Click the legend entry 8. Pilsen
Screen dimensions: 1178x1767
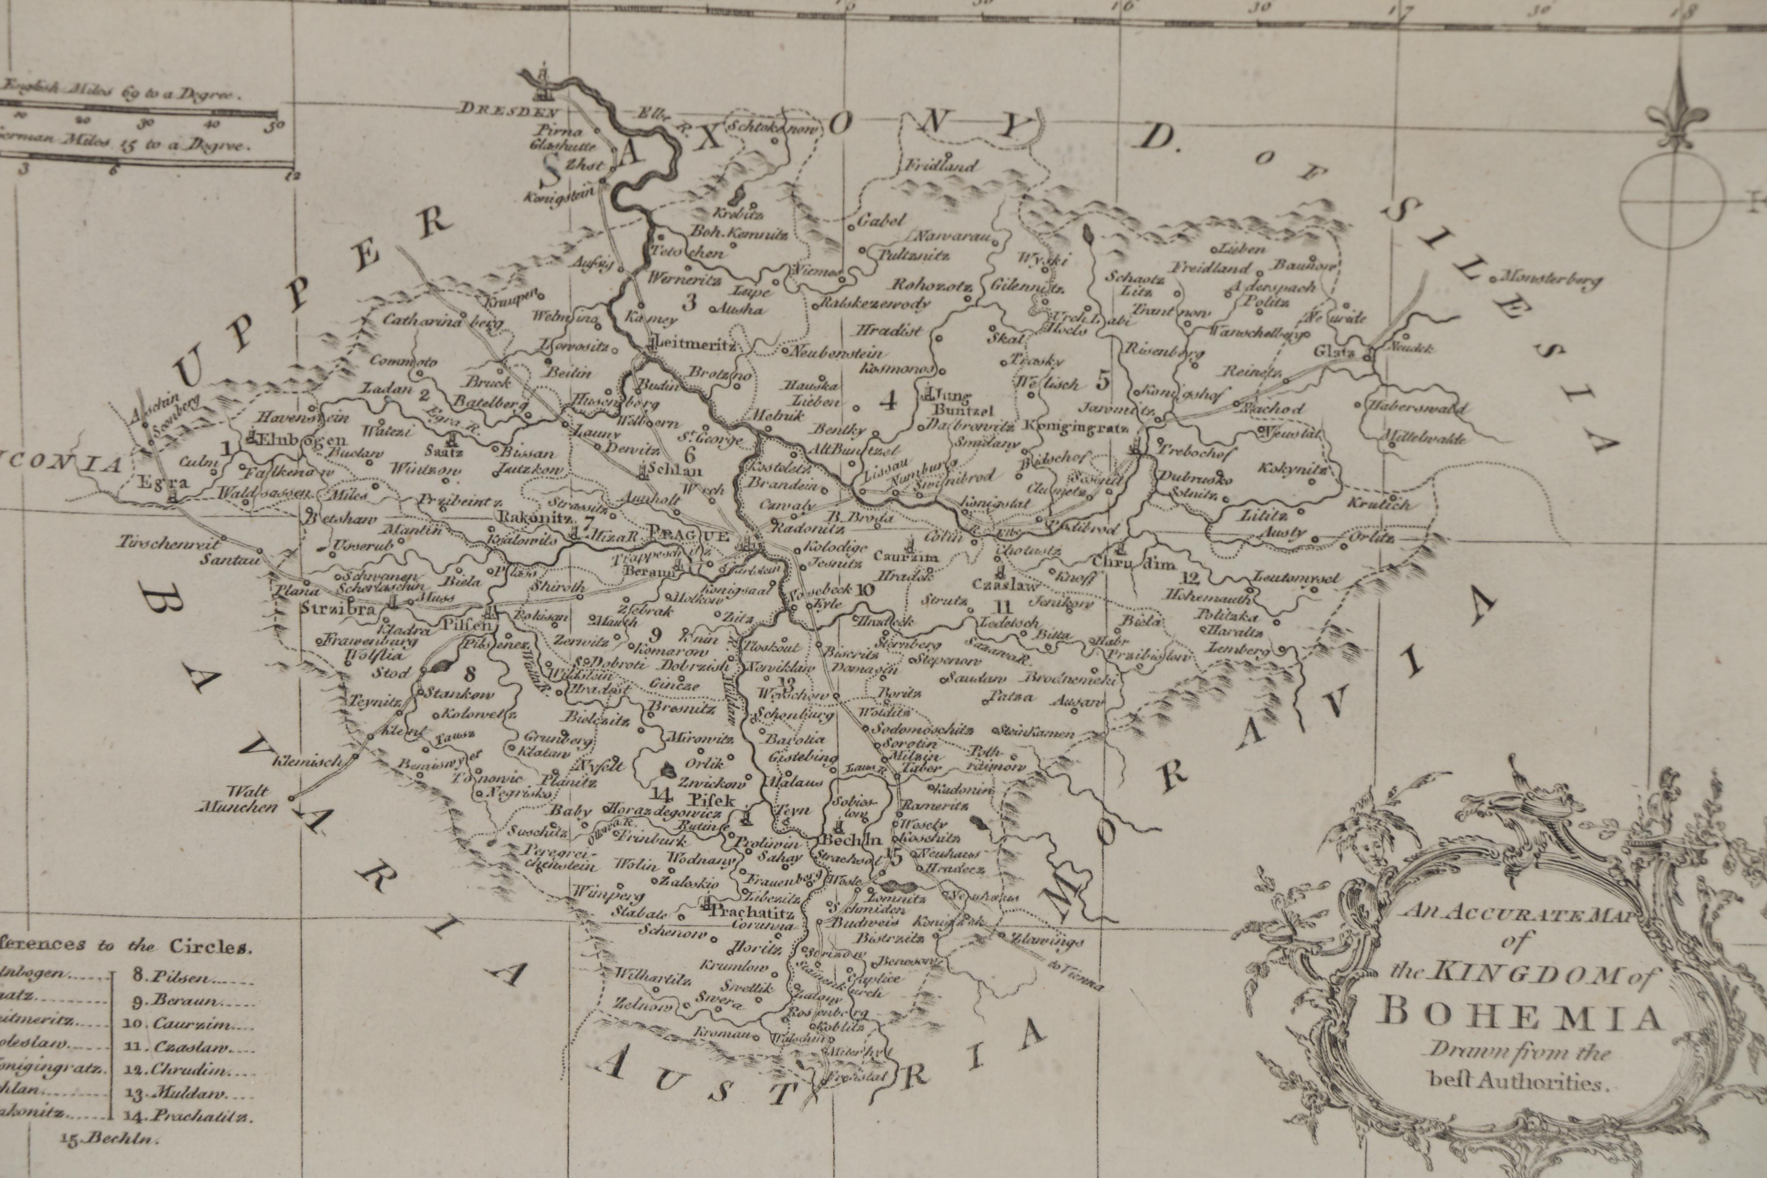(184, 978)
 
